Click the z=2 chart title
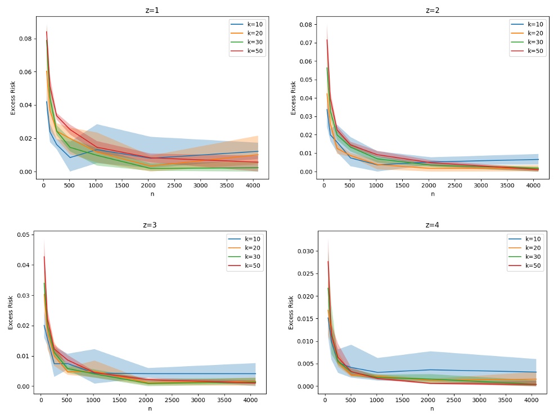[x=432, y=10]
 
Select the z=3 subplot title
[x=150, y=225]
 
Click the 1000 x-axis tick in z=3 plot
[x=93, y=400]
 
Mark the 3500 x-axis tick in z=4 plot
[x=505, y=400]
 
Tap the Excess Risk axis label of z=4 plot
[x=291, y=312]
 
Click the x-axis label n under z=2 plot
[x=432, y=194]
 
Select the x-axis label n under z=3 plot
[x=150, y=409]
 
